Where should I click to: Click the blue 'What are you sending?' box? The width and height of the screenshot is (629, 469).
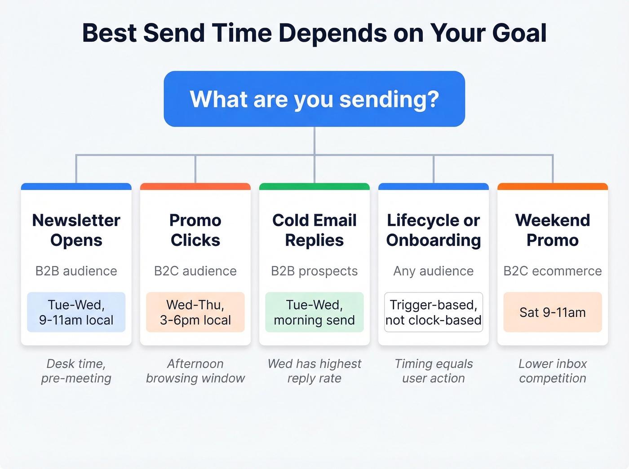pos(314,99)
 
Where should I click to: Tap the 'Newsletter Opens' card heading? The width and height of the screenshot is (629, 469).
pos(76,230)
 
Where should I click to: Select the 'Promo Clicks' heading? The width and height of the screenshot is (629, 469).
pos(195,230)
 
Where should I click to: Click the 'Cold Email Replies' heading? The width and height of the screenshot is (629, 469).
pos(314,230)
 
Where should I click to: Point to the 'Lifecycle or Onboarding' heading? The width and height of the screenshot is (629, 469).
pos(434,230)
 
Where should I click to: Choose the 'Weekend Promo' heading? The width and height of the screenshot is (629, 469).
pos(553,230)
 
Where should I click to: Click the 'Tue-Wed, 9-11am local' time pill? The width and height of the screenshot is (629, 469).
pos(76,312)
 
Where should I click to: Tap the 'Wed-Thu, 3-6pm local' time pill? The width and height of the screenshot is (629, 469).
pos(195,312)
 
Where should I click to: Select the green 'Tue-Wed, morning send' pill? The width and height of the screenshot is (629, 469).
pos(314,312)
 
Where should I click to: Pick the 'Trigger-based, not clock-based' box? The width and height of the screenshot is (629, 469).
pos(434,312)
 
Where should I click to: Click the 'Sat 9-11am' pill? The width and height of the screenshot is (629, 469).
pos(553,312)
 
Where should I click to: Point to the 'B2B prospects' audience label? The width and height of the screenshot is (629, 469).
pos(314,271)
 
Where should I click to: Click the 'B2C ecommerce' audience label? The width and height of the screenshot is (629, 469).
pos(553,271)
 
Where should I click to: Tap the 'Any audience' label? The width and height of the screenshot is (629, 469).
pos(434,271)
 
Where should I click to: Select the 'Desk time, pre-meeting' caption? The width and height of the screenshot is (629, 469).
pos(76,371)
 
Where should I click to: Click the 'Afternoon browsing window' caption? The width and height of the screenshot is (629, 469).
pos(195,371)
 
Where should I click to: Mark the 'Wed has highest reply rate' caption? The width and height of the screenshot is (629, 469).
pos(314,371)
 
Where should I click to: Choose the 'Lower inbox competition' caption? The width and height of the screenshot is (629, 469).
pos(553,371)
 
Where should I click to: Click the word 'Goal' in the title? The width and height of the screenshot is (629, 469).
pos(519,33)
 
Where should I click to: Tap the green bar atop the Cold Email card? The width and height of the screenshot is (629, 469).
pos(314,186)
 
